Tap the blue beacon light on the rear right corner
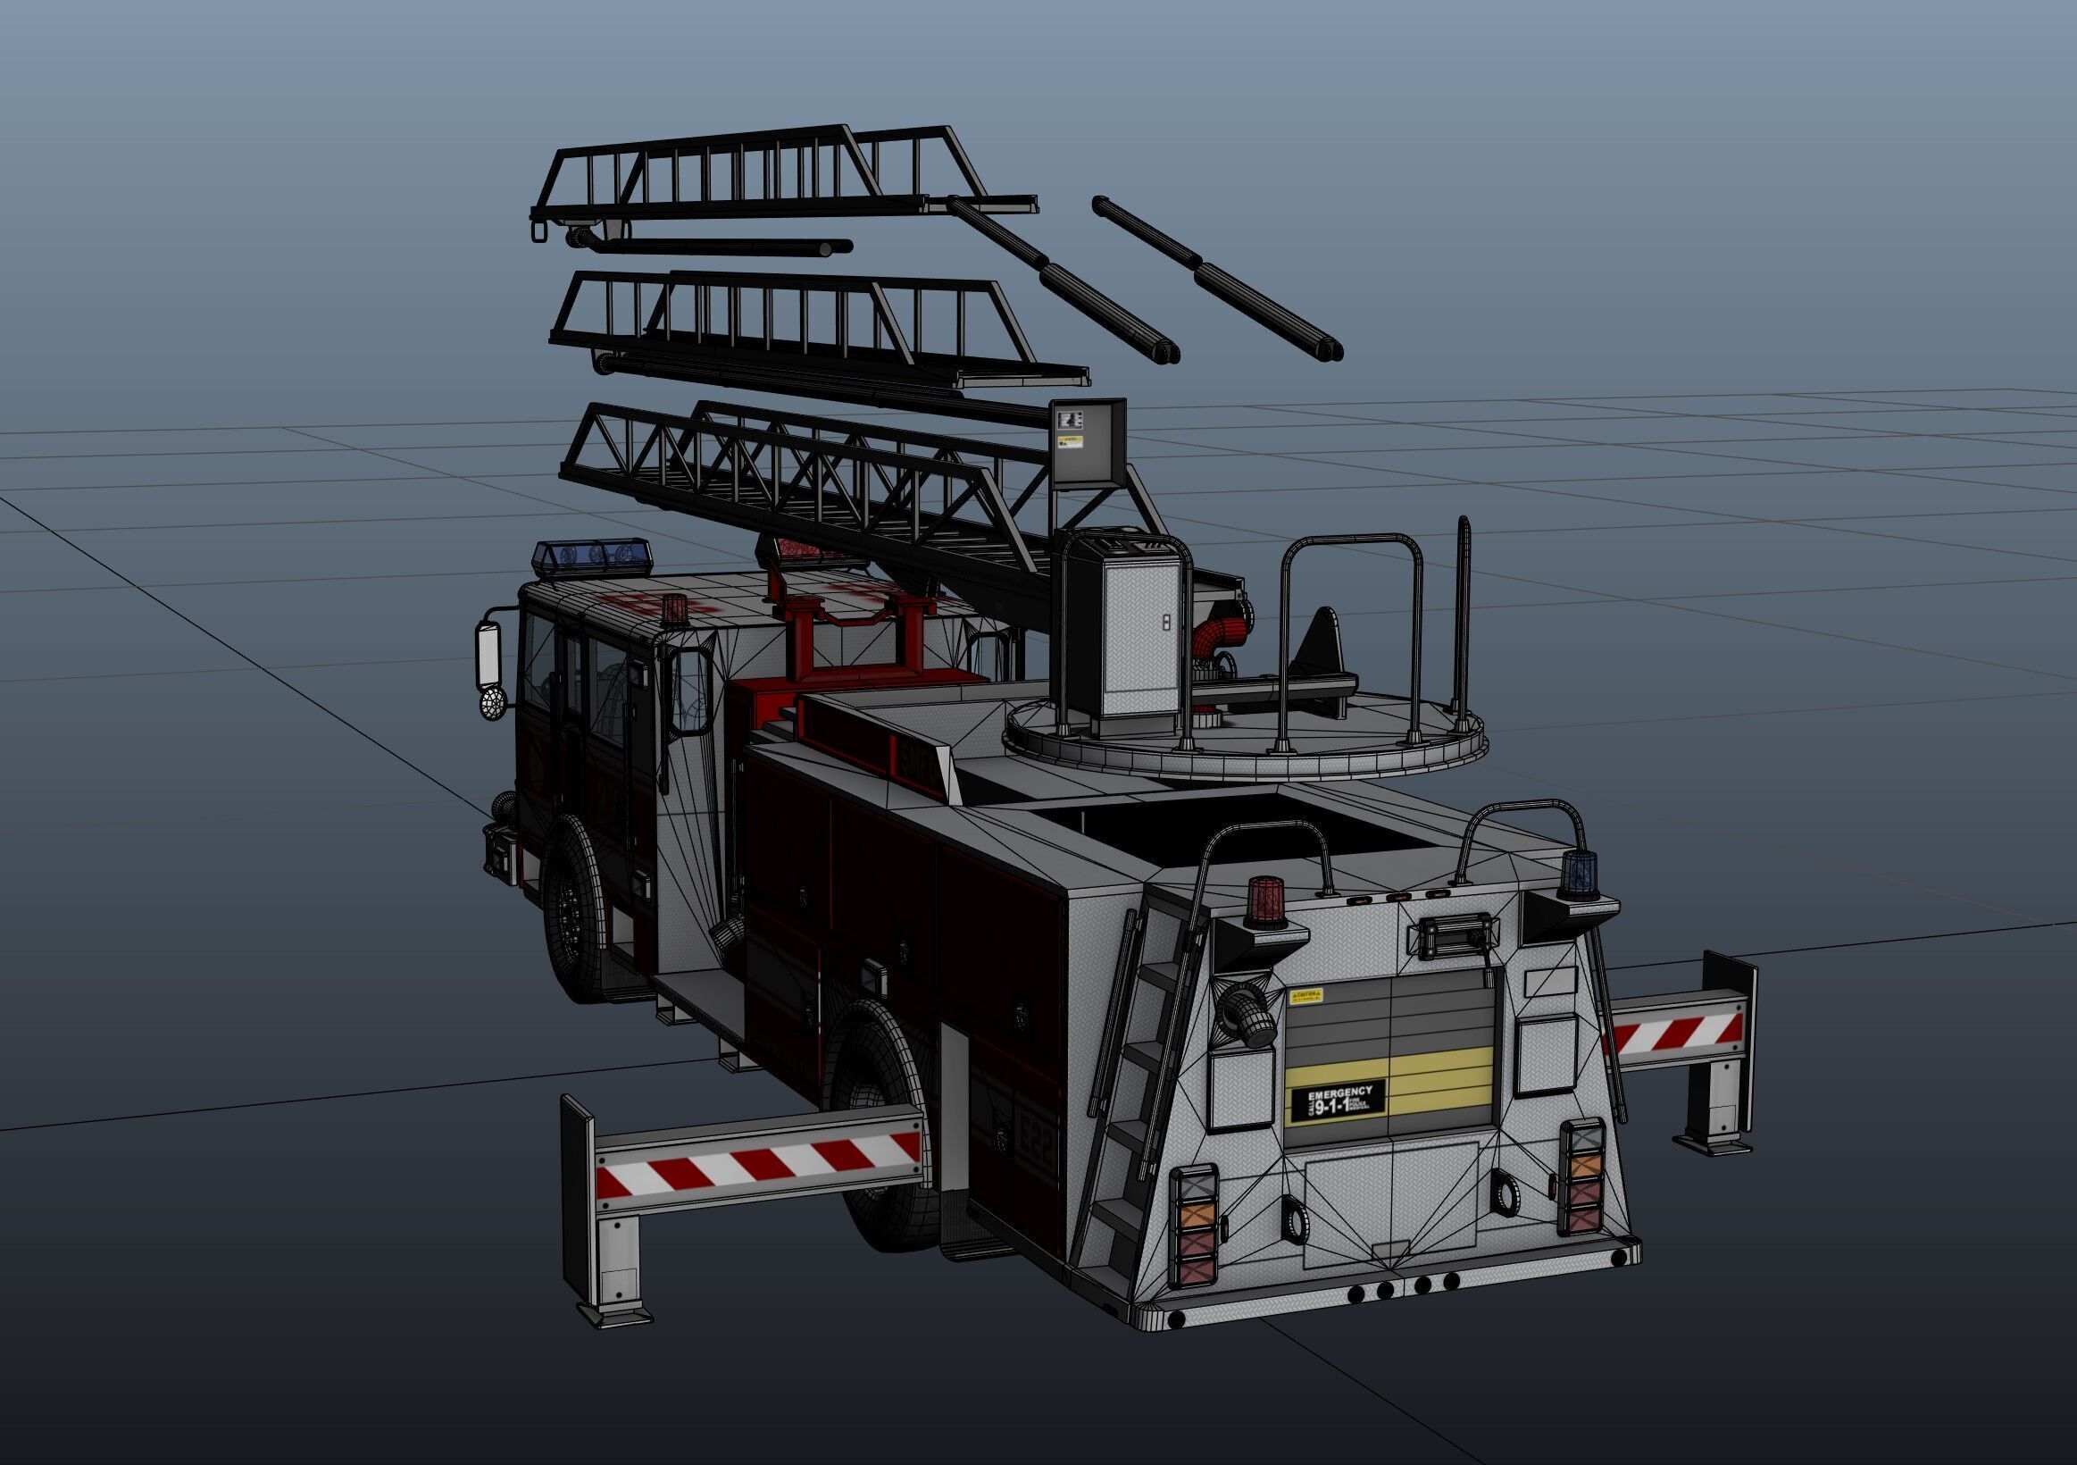1577,875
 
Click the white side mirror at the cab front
489,656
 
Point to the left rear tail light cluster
1193,1226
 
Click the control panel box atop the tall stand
1089,444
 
